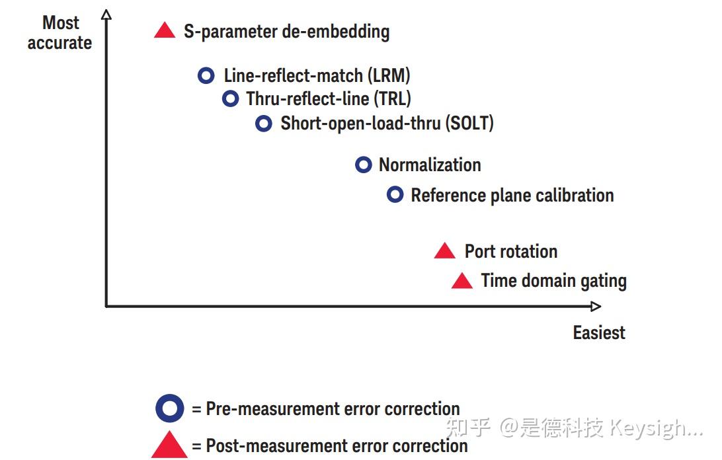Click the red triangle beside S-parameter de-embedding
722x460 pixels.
pyautogui.click(x=165, y=31)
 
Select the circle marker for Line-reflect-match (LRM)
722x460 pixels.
pyautogui.click(x=206, y=75)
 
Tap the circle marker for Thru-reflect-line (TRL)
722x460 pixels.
pyautogui.click(x=230, y=99)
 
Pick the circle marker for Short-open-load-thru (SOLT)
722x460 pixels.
pyautogui.click(x=264, y=123)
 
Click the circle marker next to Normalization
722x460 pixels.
pyautogui.click(x=364, y=165)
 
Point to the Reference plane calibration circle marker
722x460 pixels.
pyautogui.click(x=395, y=195)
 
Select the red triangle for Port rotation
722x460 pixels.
pyautogui.click(x=445, y=252)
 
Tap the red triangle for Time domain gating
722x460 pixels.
pyautogui.click(x=462, y=282)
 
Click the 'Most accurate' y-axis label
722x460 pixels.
pyautogui.click(x=60, y=33)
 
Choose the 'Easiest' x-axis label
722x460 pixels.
pyautogui.click(x=599, y=332)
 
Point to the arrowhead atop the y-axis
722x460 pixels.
pyautogui.click(x=106, y=15)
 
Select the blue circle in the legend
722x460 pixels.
pyautogui.click(x=170, y=408)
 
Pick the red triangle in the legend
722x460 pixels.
pyautogui.click(x=169, y=445)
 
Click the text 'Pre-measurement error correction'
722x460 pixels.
pyautogui.click(x=333, y=408)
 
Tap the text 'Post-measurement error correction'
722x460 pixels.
pyautogui.click(x=337, y=445)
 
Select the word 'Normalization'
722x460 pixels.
pyautogui.click(x=430, y=165)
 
